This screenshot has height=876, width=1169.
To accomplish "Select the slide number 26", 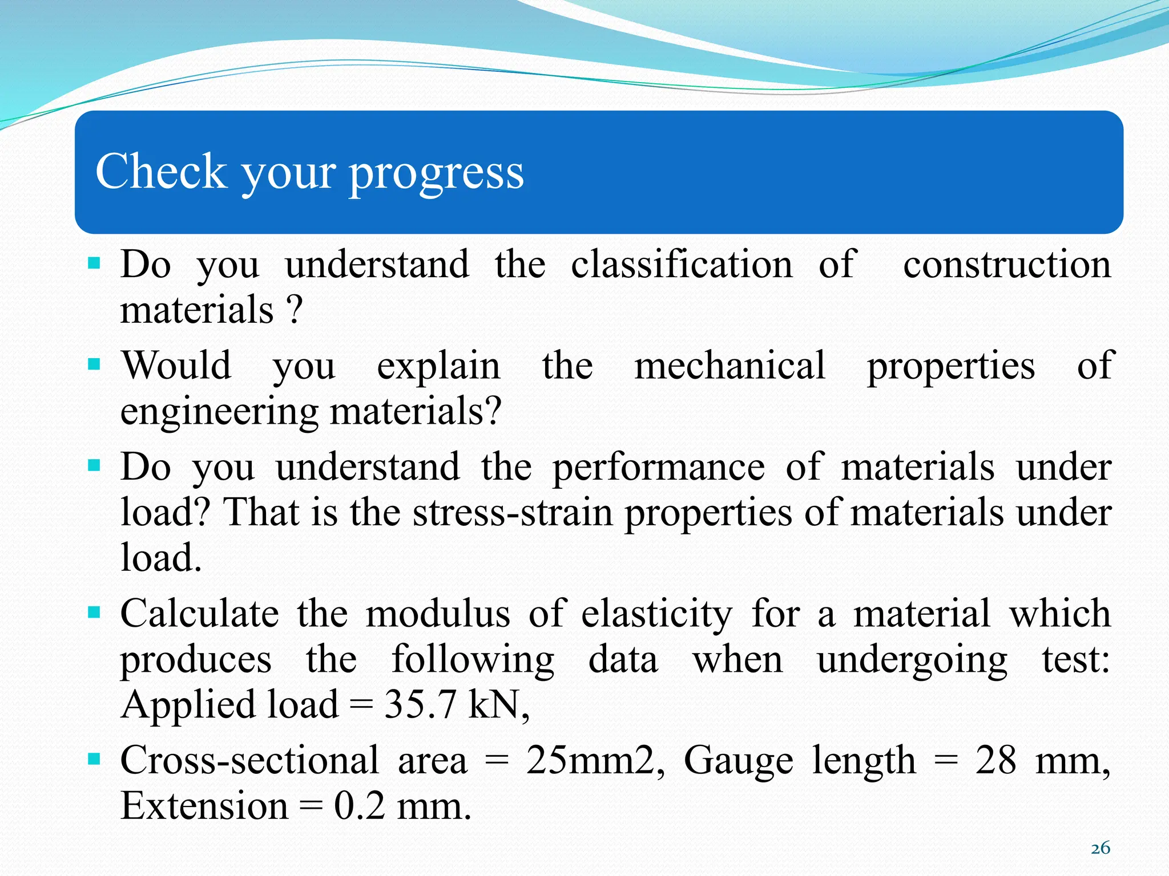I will [x=1100, y=848].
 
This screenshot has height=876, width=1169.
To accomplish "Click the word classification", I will [x=682, y=265].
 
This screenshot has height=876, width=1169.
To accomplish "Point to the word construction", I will [x=1007, y=265].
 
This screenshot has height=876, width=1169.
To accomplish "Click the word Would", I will [x=176, y=366].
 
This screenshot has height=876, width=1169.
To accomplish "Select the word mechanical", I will [x=729, y=366].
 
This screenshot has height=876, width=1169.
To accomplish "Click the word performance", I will [x=658, y=467].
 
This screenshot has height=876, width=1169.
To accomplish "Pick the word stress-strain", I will [x=513, y=512].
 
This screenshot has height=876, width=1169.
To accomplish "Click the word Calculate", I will [x=200, y=614].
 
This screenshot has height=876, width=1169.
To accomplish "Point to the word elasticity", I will [x=656, y=614].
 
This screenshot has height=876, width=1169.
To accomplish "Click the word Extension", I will [x=204, y=806].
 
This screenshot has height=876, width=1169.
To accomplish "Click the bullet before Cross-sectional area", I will [x=94, y=760].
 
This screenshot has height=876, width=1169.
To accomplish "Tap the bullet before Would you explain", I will [x=94, y=364].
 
